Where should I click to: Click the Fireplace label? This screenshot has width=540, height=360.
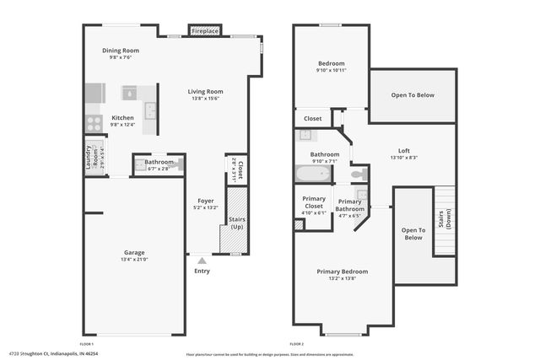click(204, 31)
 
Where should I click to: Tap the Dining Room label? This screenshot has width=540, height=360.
click(120, 51)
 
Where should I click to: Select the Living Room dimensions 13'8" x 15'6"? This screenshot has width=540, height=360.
click(204, 99)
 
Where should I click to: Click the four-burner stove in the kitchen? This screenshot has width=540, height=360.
click(94, 123)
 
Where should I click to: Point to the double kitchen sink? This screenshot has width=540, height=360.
click(150, 110)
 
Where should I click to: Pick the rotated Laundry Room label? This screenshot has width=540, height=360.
click(90, 157)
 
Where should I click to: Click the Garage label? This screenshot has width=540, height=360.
click(134, 253)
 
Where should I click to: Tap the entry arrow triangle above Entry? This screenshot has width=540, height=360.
click(201, 261)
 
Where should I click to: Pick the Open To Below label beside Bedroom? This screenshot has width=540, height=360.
click(413, 95)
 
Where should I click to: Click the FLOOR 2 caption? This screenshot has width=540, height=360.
click(296, 344)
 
